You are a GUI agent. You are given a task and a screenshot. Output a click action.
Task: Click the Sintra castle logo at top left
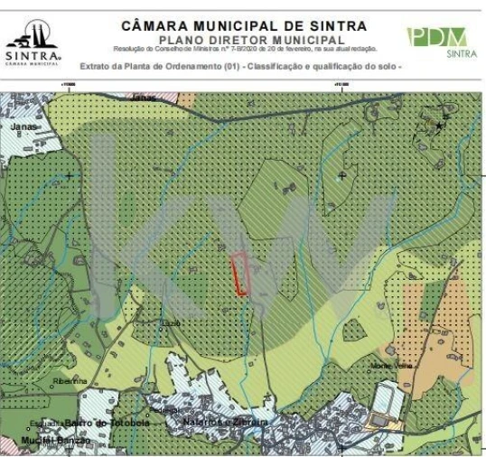coord(33,35)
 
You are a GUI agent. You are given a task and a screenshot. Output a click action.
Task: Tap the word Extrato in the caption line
coord(97,66)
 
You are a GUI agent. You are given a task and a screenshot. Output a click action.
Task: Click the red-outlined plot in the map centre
coord(240,273)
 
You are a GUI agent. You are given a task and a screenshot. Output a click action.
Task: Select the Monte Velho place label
coord(390,365)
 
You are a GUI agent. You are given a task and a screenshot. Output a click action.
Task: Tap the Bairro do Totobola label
coord(107,423)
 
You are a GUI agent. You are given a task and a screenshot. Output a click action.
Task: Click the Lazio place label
coord(172,322)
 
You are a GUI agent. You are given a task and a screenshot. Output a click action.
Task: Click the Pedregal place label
coord(164,409)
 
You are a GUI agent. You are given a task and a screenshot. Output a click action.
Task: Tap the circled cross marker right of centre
coord(341,173)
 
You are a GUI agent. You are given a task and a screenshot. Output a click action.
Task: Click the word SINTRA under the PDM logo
coord(462,53)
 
